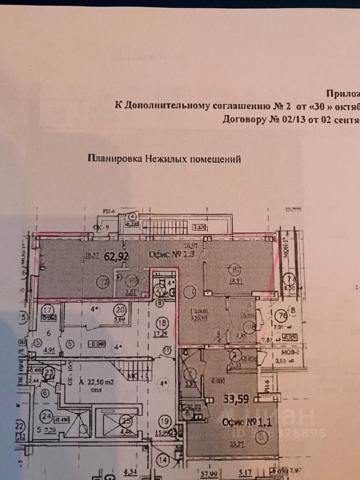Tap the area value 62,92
(114, 258)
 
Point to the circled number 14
(163, 458)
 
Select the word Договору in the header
(241, 120)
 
